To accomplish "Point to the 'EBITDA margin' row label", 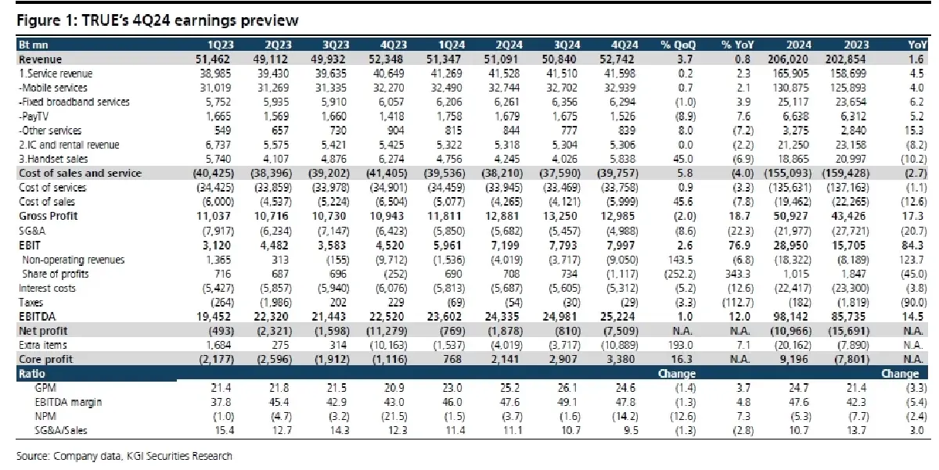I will tap(62, 403).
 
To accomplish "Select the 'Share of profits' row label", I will tap(56, 274).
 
